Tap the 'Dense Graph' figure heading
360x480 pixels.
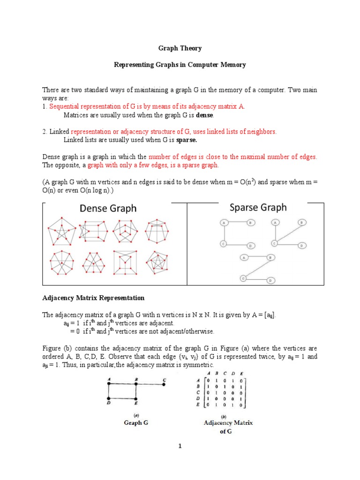[108, 208]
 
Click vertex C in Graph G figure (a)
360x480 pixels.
[164, 384]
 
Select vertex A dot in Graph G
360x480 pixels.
[108, 384]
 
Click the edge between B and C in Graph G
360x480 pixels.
[150, 384]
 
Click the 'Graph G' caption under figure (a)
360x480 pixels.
[135, 422]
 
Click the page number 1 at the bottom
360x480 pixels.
[180, 446]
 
